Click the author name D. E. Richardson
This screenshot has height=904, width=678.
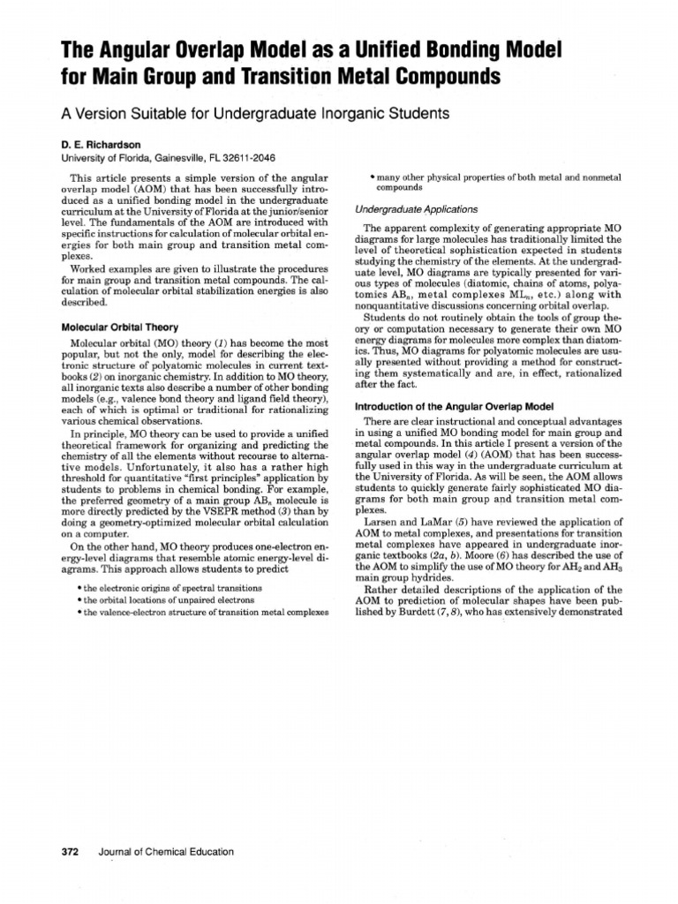(x=101, y=142)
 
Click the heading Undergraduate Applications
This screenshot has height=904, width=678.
(x=404, y=209)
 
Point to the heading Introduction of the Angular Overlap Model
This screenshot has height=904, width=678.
(x=453, y=406)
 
